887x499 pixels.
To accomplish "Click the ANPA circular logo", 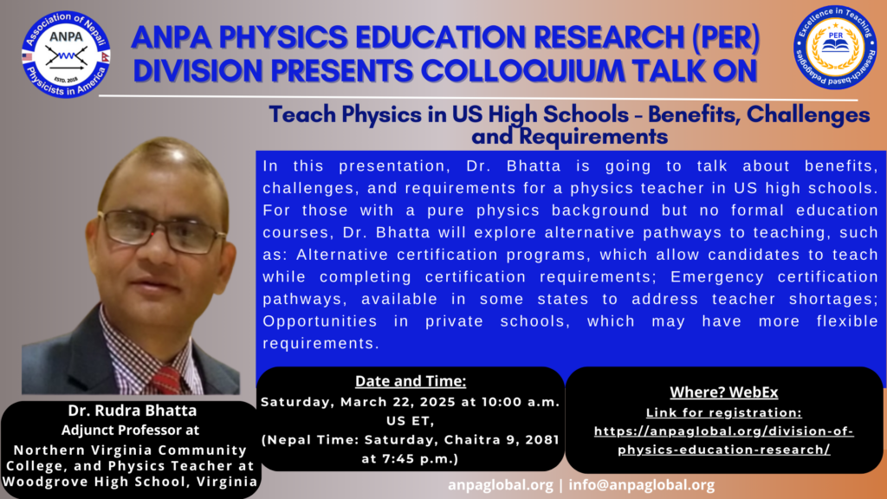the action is pyautogui.click(x=66, y=55).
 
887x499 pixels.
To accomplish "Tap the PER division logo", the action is pyautogui.click(x=835, y=48).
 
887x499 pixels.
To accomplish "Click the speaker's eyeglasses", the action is pyautogui.click(x=160, y=230).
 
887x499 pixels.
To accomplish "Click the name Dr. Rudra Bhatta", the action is pyautogui.click(x=133, y=410).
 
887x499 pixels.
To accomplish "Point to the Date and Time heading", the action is pyautogui.click(x=411, y=381).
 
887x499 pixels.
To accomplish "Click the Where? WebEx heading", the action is pyautogui.click(x=724, y=392).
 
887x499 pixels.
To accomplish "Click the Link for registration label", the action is pyautogui.click(x=724, y=412).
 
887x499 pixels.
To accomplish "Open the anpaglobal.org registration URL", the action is pyautogui.click(x=724, y=440).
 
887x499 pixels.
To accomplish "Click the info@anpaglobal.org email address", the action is pyautogui.click(x=642, y=485).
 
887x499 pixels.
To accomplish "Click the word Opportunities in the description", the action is pyautogui.click(x=320, y=321).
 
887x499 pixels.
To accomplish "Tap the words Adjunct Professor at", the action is pyautogui.click(x=130, y=430).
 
